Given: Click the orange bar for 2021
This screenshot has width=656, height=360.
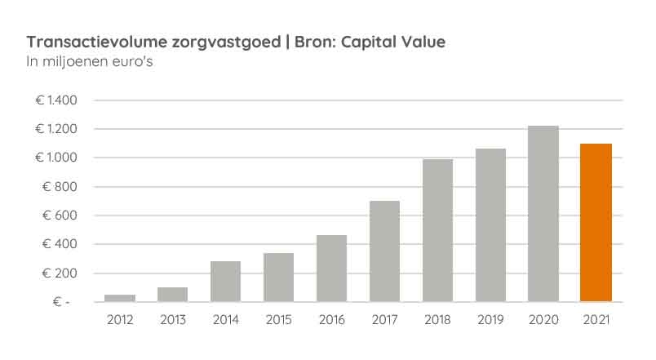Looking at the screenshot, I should [x=596, y=222].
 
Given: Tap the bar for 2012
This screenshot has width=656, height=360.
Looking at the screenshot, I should [x=120, y=298].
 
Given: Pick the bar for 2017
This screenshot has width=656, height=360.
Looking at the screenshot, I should [x=384, y=251].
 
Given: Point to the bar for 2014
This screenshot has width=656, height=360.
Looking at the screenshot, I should [x=225, y=281].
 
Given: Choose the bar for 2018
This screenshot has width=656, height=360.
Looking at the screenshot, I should [x=437, y=230].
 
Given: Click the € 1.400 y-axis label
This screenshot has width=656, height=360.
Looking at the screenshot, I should [x=55, y=100].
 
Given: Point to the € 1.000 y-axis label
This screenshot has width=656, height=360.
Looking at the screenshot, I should [x=55, y=158].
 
